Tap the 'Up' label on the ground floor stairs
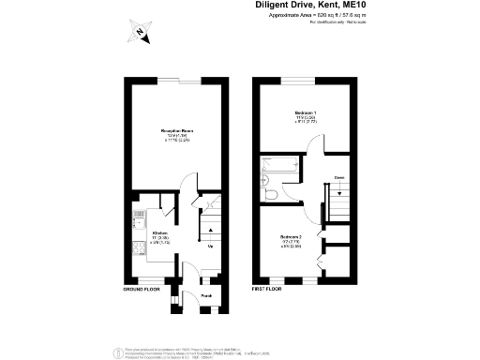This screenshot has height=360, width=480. [x=210, y=247]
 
